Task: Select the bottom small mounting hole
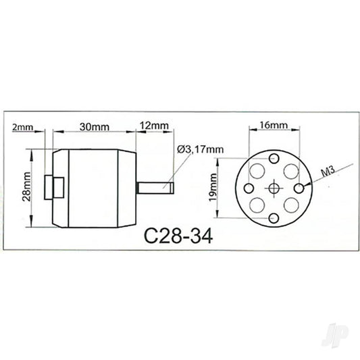click(x=274, y=217)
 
